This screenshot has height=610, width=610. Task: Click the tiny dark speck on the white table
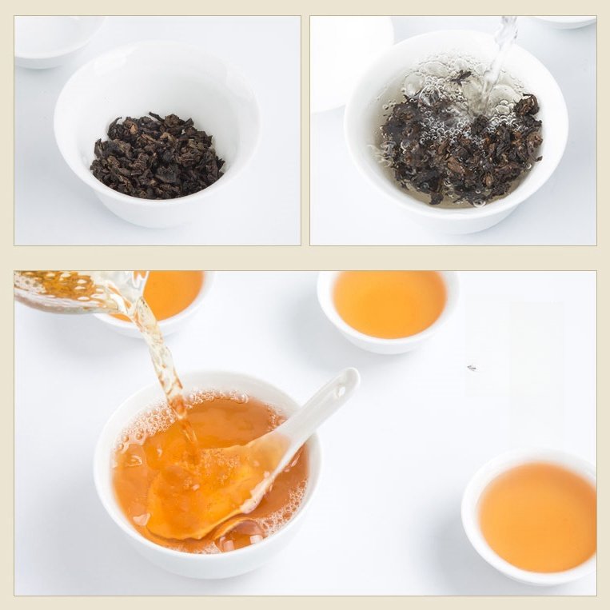coord(471,368)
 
